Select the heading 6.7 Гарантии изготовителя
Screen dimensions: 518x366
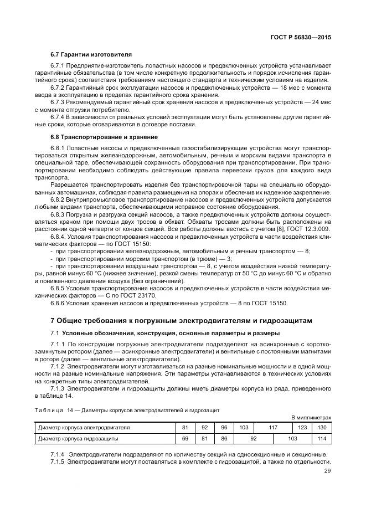(x=91, y=55)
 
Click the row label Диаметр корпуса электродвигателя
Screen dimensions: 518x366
(x=84, y=428)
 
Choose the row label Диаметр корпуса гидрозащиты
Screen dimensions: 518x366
(x=78, y=439)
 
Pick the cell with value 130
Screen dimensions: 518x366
(x=321, y=428)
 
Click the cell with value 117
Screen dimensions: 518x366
(x=272, y=428)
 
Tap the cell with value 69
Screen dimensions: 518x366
(x=185, y=439)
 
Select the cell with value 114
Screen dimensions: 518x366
(x=321, y=439)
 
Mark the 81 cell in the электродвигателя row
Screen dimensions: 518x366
(x=185, y=428)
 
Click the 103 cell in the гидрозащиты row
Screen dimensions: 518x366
(x=292, y=439)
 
